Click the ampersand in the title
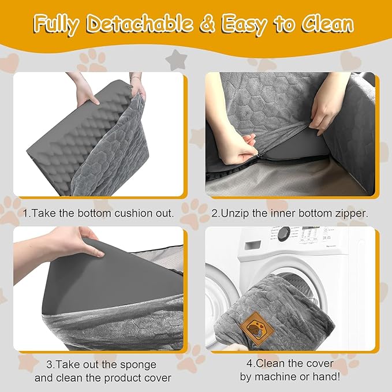pos(212,25)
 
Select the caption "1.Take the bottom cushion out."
pos(98,213)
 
